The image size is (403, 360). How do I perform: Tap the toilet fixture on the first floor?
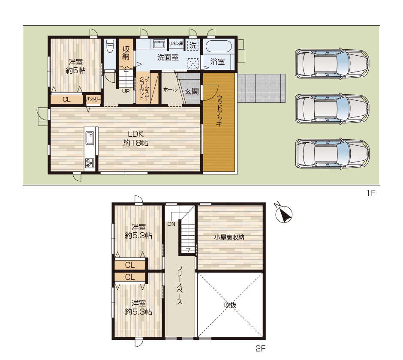110,45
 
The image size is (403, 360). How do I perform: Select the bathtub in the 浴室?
219,46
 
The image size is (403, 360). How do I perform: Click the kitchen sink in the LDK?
90,138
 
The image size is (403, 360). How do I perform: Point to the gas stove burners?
90,163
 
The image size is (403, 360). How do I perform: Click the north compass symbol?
283,213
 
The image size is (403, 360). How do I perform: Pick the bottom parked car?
332,153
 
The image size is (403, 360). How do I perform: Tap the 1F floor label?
371,193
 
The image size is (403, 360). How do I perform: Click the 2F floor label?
260,348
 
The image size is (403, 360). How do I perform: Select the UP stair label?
126,91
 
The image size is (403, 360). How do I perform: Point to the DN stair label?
171,224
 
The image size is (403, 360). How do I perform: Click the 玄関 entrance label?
192,91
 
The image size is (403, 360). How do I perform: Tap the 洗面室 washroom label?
168,57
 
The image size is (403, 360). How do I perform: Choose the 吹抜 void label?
230,305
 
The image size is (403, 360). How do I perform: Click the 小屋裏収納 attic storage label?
229,237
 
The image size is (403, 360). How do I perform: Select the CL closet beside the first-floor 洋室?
66,99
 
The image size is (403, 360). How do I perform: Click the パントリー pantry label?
93,99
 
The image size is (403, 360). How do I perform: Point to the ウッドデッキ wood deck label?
219,111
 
